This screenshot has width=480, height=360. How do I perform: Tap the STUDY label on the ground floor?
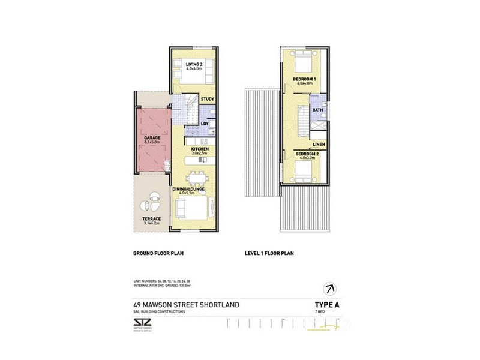click(208, 99)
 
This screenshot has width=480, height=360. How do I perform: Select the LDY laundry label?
click(204, 124)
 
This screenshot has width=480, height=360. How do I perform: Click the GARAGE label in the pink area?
click(151, 138)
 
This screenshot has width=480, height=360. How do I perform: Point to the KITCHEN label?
click(199, 148)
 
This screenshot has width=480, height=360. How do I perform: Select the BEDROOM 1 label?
click(305, 79)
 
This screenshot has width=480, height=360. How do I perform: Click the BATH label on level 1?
click(317, 110)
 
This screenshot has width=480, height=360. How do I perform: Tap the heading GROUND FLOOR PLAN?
click(158, 254)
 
